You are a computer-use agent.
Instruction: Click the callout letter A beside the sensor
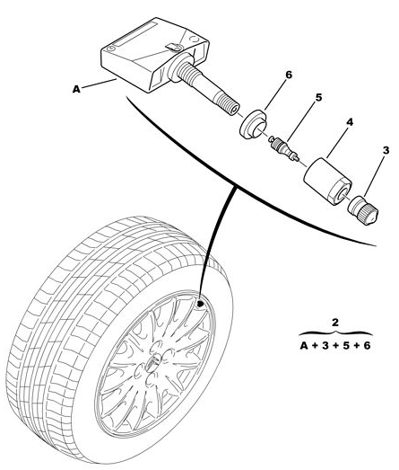[76, 89]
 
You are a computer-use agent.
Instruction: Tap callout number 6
[289, 75]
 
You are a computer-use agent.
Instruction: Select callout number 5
[319, 97]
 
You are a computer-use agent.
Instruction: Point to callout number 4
[350, 122]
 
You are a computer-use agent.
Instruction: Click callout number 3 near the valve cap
[386, 150]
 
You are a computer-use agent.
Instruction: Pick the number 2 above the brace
[335, 323]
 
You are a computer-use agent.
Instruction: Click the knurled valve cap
[363, 209]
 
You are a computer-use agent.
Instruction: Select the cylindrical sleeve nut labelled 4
[327, 182]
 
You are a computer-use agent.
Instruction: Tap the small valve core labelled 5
[283, 147]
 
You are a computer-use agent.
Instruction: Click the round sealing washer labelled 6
[253, 125]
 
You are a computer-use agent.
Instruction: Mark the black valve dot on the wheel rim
[201, 304]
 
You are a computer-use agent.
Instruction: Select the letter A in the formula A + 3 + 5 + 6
[304, 346]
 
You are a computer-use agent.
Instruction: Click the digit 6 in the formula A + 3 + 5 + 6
[367, 346]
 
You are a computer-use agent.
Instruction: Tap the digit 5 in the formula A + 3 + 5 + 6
[346, 346]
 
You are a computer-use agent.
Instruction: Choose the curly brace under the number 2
[335, 333]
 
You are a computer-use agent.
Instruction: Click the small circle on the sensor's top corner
[111, 49]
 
